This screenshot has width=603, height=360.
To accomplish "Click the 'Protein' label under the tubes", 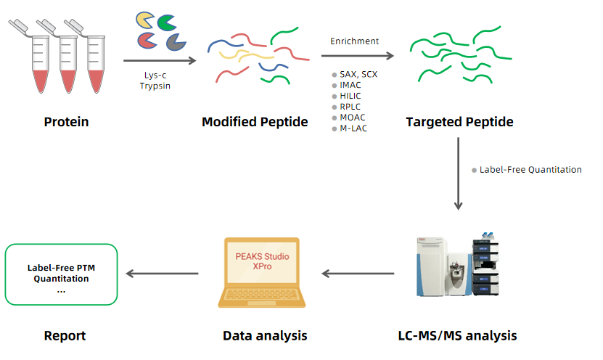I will (x=66, y=122).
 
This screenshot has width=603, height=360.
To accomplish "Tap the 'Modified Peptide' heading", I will (x=255, y=122).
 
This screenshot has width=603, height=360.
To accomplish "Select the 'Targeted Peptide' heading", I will (x=459, y=122).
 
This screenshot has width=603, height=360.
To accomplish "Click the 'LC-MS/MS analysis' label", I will (x=457, y=335).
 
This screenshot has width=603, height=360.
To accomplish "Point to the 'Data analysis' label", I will (x=265, y=335).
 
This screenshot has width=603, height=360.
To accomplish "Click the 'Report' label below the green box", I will (x=65, y=335).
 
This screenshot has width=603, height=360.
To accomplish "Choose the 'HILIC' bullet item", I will (x=350, y=96).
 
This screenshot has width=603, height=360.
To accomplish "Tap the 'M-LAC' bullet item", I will (x=353, y=128).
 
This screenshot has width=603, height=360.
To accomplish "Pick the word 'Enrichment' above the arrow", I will (x=355, y=41).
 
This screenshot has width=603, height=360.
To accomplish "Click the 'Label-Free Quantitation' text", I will (x=530, y=170).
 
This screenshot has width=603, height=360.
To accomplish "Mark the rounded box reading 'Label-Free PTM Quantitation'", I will (x=61, y=274).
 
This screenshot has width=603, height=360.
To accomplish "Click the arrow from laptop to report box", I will (x=163, y=274).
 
